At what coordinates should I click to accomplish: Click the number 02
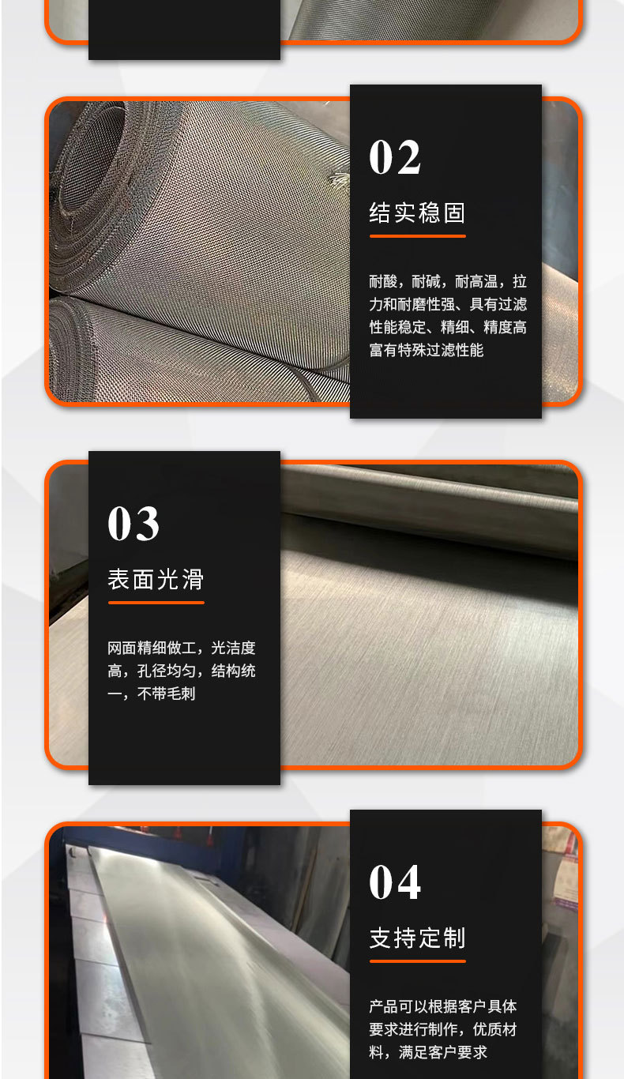(x=395, y=157)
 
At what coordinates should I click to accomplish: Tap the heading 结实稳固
(x=417, y=212)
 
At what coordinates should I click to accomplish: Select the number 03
(x=133, y=524)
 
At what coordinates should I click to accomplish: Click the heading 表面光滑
(x=156, y=580)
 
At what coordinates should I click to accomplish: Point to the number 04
(x=395, y=882)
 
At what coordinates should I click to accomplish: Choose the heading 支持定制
(x=417, y=938)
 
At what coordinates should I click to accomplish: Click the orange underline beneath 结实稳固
(x=417, y=235)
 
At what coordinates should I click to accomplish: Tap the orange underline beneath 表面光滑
(x=156, y=603)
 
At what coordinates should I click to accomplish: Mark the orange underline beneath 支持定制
(x=417, y=961)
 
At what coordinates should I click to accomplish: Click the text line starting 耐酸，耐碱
(x=447, y=281)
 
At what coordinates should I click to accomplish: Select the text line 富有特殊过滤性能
(x=426, y=350)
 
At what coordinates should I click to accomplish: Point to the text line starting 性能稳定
(x=447, y=327)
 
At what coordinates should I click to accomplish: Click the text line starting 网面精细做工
(x=182, y=649)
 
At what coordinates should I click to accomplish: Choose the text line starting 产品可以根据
(x=443, y=1006)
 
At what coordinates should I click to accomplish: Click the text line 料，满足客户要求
(x=428, y=1052)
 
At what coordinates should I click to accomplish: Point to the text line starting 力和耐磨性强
(x=447, y=304)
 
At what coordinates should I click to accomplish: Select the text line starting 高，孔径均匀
(x=182, y=671)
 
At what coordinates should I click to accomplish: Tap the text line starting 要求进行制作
(x=443, y=1029)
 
